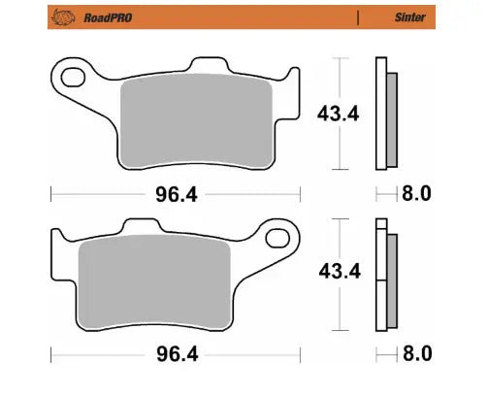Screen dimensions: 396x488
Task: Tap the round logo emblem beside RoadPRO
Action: coord(65,16)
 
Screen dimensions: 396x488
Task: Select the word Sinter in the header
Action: coord(408,16)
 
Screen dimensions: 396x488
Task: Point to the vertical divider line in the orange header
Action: coord(358,16)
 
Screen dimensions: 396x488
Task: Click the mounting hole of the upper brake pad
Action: coord(72,74)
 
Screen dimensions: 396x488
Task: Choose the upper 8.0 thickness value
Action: coord(416,194)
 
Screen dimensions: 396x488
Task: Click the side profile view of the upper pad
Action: coord(384,114)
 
